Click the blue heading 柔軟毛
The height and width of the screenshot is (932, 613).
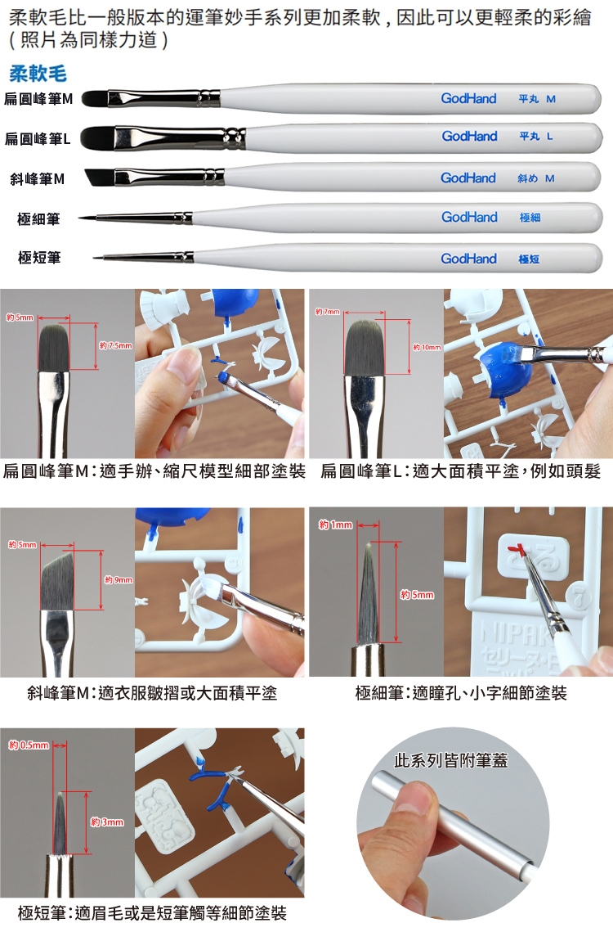pyautogui.click(x=38, y=74)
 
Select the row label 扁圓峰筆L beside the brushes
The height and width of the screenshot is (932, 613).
pyautogui.click(x=38, y=139)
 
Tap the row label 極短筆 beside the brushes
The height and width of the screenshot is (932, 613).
pyautogui.click(x=39, y=258)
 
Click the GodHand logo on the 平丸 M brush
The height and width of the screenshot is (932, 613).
pyautogui.click(x=468, y=99)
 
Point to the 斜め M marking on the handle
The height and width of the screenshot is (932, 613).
pyautogui.click(x=536, y=178)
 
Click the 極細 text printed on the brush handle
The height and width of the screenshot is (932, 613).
pyautogui.click(x=530, y=218)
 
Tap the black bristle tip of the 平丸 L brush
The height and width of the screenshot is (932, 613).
pyautogui.click(x=97, y=137)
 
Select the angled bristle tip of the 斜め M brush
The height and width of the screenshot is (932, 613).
pyautogui.click(x=100, y=177)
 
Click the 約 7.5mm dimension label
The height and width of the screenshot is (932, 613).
pyautogui.click(x=116, y=345)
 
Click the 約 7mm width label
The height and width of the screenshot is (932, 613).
pyautogui.click(x=327, y=312)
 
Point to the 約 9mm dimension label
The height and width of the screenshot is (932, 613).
pyautogui.click(x=119, y=579)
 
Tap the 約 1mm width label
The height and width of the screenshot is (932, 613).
pyautogui.click(x=336, y=525)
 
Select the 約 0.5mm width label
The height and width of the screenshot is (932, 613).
pyautogui.click(x=29, y=745)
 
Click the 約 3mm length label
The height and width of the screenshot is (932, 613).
pyautogui.click(x=107, y=822)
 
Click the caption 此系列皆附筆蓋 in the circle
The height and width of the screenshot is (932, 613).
pyautogui.click(x=451, y=760)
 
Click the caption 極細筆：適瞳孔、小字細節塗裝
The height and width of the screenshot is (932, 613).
pyautogui.click(x=461, y=692)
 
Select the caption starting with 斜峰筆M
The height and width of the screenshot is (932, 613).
pyautogui.click(x=152, y=692)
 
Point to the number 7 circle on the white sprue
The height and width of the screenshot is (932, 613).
pyautogui.click(x=582, y=601)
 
